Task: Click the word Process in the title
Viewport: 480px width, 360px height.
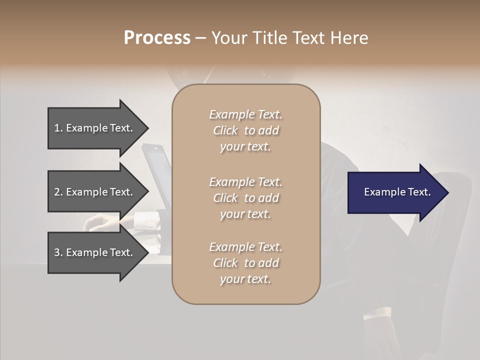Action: click(x=157, y=38)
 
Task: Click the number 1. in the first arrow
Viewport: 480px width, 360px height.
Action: click(x=58, y=128)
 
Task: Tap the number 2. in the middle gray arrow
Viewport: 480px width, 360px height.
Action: click(x=58, y=192)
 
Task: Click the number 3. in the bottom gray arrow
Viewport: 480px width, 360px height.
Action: click(x=58, y=252)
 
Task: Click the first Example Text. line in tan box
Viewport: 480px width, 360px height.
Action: click(x=245, y=114)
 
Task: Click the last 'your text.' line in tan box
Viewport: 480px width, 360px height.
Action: click(x=245, y=279)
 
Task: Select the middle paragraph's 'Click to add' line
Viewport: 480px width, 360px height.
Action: click(x=245, y=198)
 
